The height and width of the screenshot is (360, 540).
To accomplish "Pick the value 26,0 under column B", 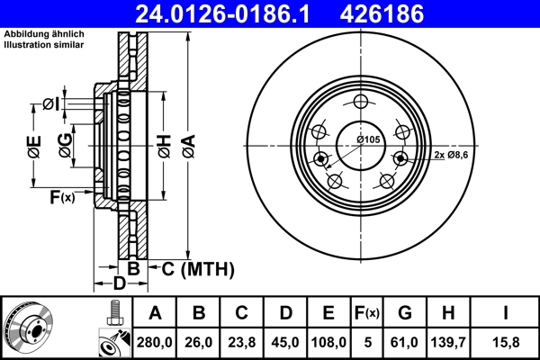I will pyautogui.click(x=199, y=341).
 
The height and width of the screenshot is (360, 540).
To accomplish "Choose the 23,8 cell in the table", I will pyautogui.click(x=242, y=341).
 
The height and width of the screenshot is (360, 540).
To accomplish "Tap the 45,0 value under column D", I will pyautogui.click(x=285, y=341).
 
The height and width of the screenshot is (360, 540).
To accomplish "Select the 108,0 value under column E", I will pyautogui.click(x=329, y=341).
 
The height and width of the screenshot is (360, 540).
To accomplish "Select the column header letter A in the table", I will pyautogui.click(x=155, y=313).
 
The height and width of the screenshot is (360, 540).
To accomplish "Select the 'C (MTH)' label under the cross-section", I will pyautogui.click(x=192, y=268).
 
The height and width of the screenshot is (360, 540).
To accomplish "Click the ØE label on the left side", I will pyautogui.click(x=34, y=147).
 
